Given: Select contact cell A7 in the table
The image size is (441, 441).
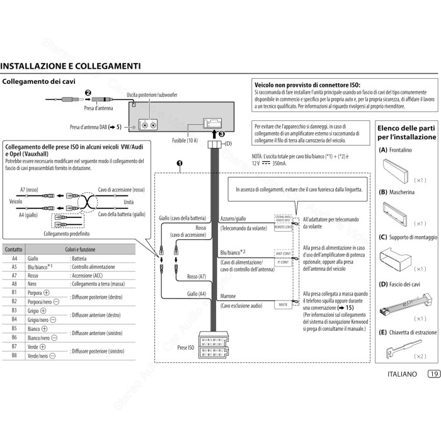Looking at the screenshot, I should tap(14, 275).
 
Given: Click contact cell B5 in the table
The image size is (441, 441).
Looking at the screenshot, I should tap(14, 328).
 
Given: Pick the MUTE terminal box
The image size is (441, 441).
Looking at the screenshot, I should tap(283, 305).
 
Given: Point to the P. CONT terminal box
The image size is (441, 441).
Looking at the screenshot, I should tap(283, 261).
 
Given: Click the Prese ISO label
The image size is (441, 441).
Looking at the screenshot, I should tap(186, 347).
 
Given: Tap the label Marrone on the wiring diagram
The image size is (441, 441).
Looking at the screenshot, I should tap(229, 295).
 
